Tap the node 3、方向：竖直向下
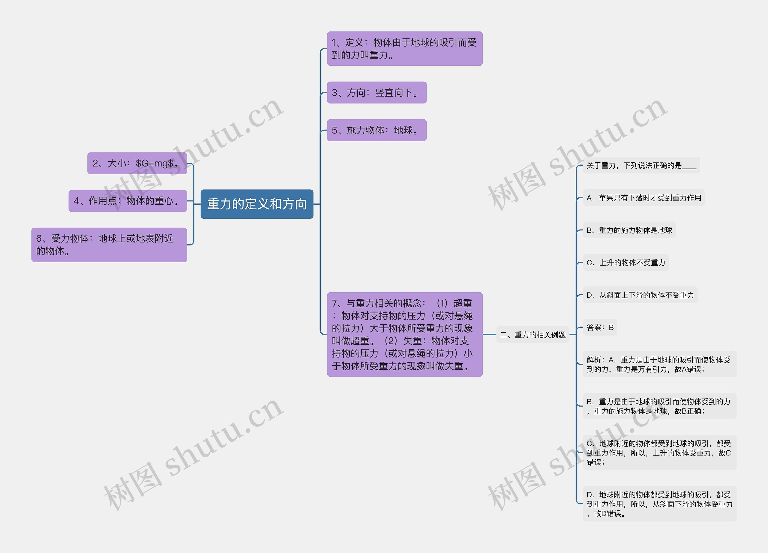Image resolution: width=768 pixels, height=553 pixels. [376, 92]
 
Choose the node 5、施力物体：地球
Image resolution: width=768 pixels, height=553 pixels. [376, 130]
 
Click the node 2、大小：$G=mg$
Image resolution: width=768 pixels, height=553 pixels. [137, 163]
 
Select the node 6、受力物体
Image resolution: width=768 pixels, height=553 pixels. [109, 245]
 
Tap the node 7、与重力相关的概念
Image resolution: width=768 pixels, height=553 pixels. [404, 334]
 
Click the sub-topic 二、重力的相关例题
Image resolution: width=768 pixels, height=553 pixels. [533, 335]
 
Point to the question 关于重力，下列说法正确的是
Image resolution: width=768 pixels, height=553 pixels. [641, 165]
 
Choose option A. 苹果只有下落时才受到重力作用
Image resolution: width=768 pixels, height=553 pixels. [643, 198]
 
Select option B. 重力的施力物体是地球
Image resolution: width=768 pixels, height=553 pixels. [629, 230]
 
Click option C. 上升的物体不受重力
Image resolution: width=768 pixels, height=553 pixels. [625, 263]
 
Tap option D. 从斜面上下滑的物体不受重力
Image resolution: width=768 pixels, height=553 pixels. [640, 295]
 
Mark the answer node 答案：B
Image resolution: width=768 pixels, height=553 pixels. [600, 327]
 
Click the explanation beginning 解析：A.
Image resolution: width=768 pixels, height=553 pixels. [659, 364]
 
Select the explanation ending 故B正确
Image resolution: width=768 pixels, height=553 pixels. [659, 406]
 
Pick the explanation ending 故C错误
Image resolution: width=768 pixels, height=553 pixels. [659, 452]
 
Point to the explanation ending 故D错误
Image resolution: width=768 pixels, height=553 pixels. [659, 503]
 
